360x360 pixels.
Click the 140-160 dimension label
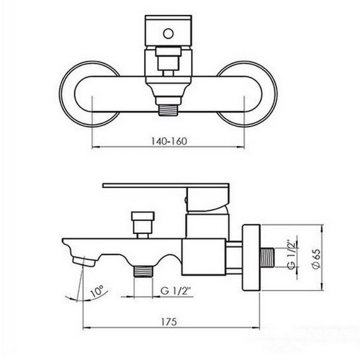click(x=169, y=141)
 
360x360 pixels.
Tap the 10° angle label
click(x=97, y=291)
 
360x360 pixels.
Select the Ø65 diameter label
click(x=316, y=259)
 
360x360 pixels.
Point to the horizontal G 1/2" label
click(x=176, y=291)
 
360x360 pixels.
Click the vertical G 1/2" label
click(x=291, y=255)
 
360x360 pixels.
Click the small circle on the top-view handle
click(x=168, y=34)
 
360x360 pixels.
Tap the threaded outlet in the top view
click(x=168, y=110)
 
